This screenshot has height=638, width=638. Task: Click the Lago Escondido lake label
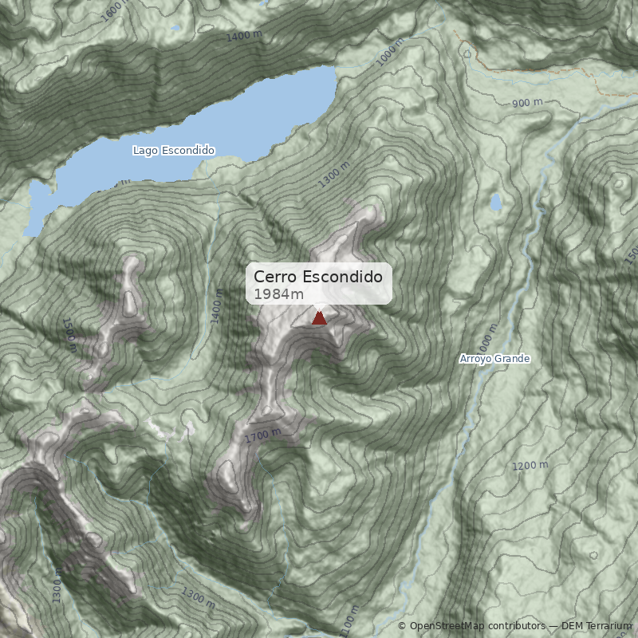click(x=174, y=150)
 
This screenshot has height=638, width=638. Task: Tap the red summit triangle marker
click(x=319, y=318)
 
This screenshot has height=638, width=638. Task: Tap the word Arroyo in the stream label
click(x=475, y=359)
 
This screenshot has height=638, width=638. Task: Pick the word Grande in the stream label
click(x=512, y=359)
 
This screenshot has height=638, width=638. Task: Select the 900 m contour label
click(x=527, y=102)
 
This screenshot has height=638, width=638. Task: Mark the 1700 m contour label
click(x=263, y=435)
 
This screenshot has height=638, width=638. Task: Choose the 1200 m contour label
click(x=530, y=465)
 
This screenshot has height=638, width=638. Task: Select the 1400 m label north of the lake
click(x=244, y=36)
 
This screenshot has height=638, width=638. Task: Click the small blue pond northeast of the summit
click(x=496, y=203)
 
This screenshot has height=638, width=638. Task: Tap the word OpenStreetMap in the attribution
click(x=447, y=626)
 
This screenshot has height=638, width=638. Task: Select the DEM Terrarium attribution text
click(x=596, y=626)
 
